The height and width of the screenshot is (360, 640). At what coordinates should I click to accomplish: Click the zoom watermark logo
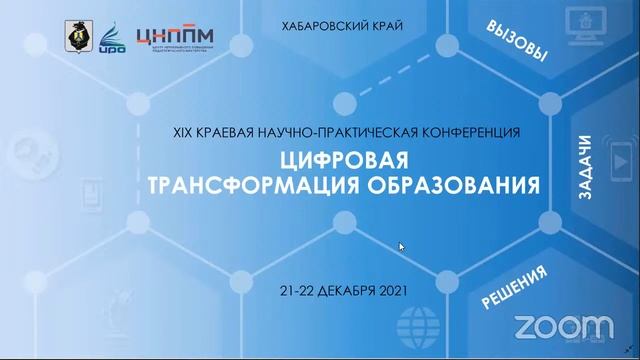click(563, 326)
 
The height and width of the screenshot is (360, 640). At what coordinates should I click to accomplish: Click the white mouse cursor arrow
click(401, 247)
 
